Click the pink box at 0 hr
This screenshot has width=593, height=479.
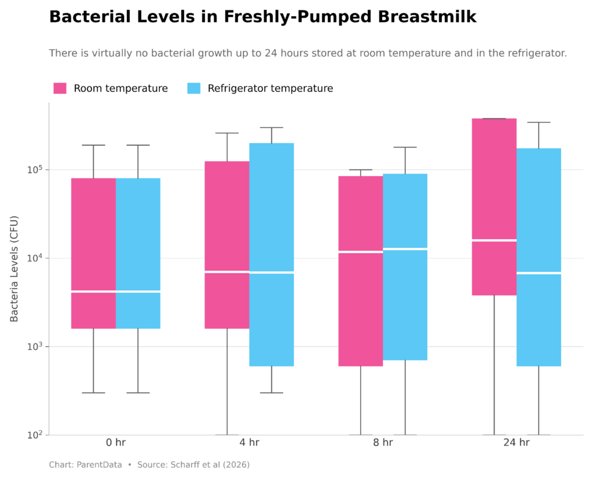click(x=93, y=232)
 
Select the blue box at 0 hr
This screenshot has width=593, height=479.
click(x=138, y=232)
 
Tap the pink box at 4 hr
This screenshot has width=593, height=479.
click(x=226, y=220)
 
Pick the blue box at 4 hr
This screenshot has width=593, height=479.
click(x=272, y=220)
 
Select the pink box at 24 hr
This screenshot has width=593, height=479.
click(x=494, y=174)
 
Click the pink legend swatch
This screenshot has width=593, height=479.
click(x=60, y=88)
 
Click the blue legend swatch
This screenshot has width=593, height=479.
click(x=194, y=88)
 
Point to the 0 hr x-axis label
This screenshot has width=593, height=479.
click(x=116, y=443)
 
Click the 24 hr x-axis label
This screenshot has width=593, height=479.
click(x=516, y=443)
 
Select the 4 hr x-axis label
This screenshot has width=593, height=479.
click(x=249, y=443)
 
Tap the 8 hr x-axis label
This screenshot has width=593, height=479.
click(x=383, y=443)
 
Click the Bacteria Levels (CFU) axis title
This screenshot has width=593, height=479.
click(x=14, y=269)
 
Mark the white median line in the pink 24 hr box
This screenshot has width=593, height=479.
click(x=494, y=240)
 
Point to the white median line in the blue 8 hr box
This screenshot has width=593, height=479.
click(x=405, y=248)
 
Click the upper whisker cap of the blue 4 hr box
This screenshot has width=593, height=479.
click(x=272, y=127)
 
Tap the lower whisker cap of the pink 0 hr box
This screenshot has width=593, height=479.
click(x=93, y=393)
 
